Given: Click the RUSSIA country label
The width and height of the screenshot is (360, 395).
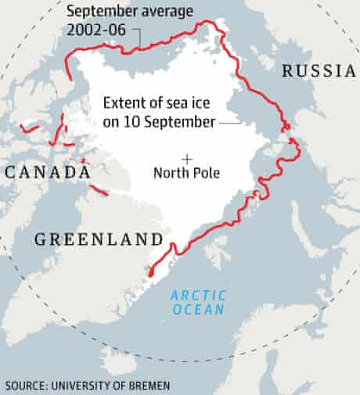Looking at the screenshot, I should pos(319,71).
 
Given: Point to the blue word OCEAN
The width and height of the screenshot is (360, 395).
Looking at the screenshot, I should pos(199,309).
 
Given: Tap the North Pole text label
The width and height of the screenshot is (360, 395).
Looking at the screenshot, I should pos(187,174).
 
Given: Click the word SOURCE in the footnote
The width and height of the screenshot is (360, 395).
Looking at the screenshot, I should pos(24,386).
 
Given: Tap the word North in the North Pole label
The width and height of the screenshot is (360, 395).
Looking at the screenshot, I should pos(172,174).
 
